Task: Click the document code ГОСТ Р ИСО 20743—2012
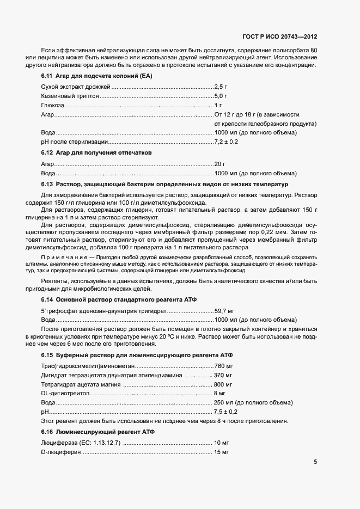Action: click(279, 36)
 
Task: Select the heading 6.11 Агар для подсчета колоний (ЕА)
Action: click(96, 75)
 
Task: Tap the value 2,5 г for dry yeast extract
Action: click(221, 87)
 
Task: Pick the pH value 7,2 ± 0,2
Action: click(227, 142)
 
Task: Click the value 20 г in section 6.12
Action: click(220, 164)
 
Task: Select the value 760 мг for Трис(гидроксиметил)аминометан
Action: click(223, 366)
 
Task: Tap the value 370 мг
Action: click(223, 375)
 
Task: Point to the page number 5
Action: click(315, 462)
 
